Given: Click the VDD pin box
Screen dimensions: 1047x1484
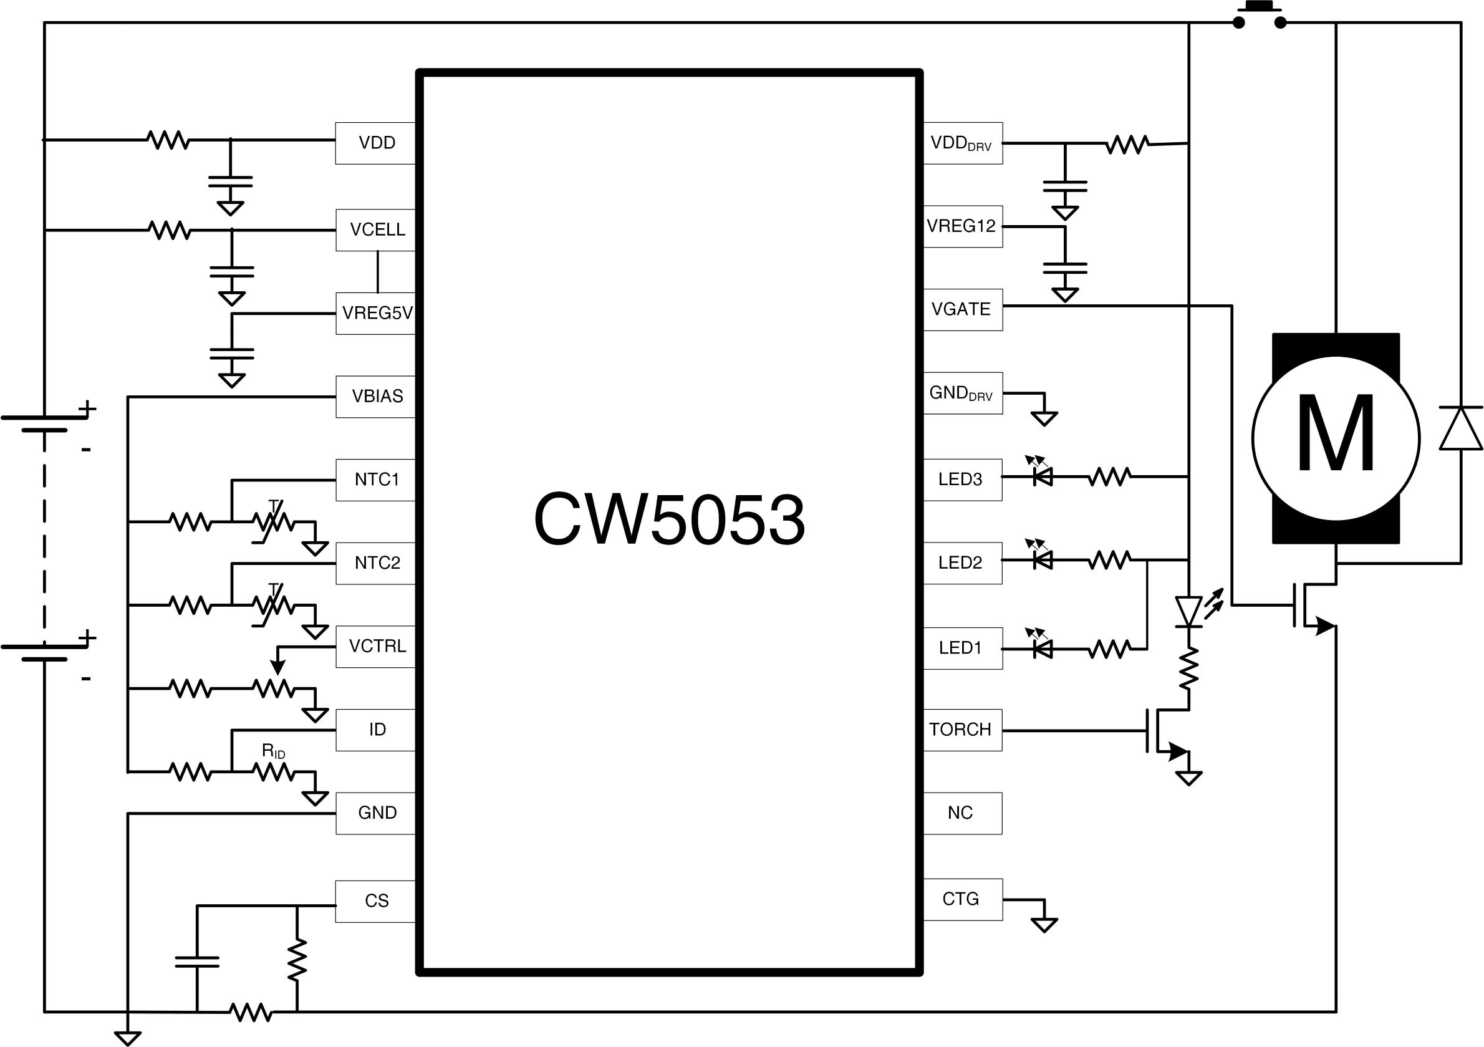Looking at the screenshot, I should coord(375,143).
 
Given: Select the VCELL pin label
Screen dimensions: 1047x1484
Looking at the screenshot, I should coord(377,229).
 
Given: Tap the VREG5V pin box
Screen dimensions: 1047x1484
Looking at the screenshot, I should coord(377,313).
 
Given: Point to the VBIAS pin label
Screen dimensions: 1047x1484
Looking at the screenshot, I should coord(377,396).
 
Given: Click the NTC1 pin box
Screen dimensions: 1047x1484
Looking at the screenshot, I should coord(375,480).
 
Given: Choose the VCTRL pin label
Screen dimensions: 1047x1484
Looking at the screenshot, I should coord(377,646).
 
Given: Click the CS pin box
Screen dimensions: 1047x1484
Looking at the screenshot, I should coord(375,901).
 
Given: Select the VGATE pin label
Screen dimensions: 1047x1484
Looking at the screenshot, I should coord(960,309).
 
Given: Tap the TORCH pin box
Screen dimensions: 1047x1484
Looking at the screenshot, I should coord(961,730).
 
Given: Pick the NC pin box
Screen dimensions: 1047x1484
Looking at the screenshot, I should coord(961,813).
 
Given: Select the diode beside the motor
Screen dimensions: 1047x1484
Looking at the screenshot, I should coord(1461,428).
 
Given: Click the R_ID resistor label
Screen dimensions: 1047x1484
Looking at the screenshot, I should coord(273,751).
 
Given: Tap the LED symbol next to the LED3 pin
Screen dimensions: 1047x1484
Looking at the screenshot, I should coord(1041,476).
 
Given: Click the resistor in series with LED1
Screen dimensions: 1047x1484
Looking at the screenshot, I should coord(1109,649).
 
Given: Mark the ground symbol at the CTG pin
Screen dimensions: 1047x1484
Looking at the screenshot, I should coord(1044,925).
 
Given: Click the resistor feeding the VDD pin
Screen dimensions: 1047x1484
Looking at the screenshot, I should coord(168,140).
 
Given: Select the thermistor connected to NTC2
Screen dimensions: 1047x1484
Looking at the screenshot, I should coord(273,606).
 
